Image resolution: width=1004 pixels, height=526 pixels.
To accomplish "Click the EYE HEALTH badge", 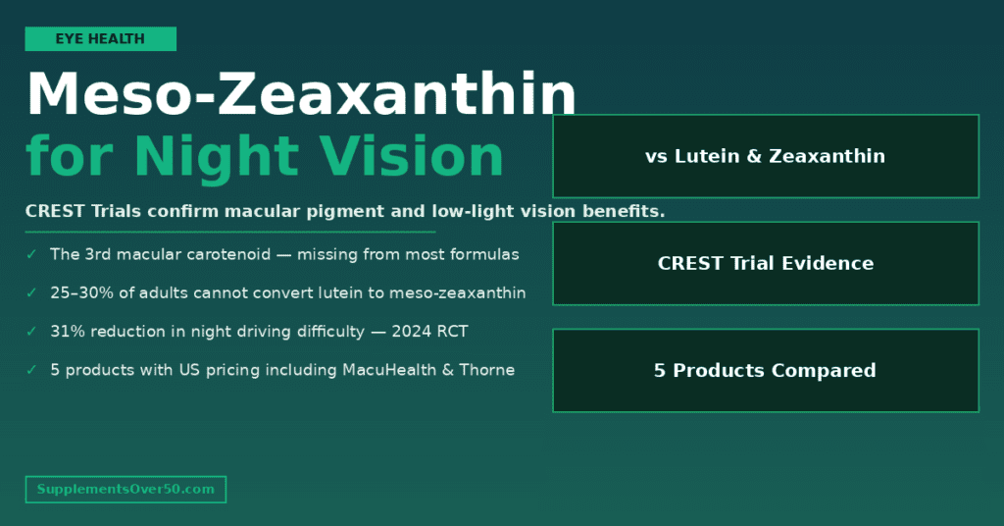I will pos(100,39).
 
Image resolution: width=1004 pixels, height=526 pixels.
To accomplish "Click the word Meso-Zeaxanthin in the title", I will pos(301,96).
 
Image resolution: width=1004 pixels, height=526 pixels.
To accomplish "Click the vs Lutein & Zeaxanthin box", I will pos(765,156).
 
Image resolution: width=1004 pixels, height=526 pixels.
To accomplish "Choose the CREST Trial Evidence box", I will pos(765,263).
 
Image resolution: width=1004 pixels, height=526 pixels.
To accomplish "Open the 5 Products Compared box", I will pos(765,370).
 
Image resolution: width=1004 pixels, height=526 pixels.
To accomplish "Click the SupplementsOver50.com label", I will pos(125,489).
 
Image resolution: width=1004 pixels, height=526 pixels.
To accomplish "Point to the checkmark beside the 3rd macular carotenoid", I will pos(31,254).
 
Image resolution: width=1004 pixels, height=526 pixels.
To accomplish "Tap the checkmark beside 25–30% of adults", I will pos(31,292).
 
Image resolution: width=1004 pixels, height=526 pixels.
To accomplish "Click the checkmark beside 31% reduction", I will pos(31,332).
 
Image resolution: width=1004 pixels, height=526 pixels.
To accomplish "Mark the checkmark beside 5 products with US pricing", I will pos(31,370).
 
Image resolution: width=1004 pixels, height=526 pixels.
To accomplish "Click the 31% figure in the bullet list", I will pos(67,332).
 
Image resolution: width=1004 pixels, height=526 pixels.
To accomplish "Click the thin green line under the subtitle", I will pos(229,233).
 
